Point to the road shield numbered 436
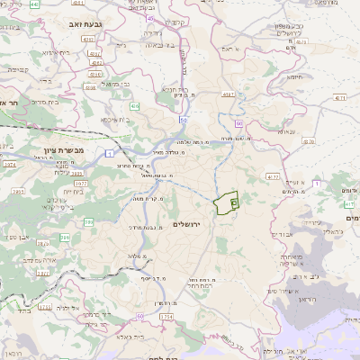point(134,106)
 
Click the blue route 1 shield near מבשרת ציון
point(109,155)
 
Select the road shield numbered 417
point(347,204)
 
